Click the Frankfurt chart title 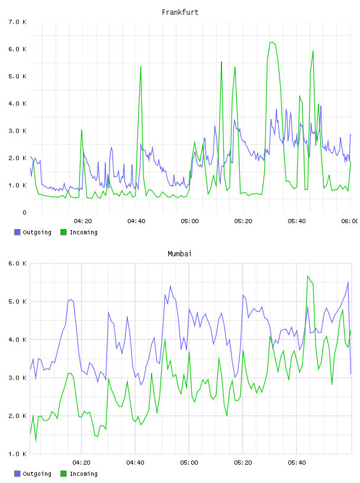180,12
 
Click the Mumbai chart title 179,254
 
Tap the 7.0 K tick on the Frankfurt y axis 18,22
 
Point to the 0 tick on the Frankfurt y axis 24,212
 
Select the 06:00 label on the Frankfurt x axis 350,221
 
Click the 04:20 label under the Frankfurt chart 83,221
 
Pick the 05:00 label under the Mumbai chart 189,463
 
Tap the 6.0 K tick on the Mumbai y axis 18,263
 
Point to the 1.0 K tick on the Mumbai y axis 18,454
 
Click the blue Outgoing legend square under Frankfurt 17,232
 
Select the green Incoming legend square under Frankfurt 63,232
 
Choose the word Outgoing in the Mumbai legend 37,474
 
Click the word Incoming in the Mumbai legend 83,474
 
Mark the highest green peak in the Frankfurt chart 272,43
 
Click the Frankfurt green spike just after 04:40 141,66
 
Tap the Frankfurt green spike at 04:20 82,130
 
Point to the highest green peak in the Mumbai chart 308,276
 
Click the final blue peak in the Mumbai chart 348,282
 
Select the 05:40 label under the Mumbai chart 297,463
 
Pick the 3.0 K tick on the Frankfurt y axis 18,131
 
